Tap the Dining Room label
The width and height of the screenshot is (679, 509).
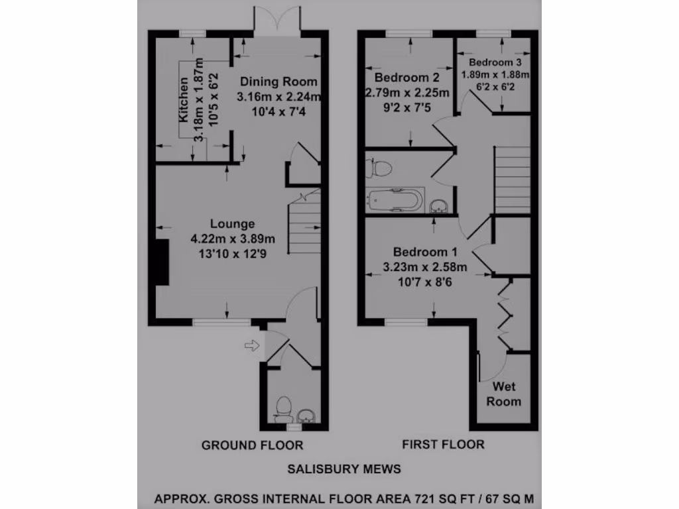278,82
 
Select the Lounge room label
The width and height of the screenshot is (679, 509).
232,224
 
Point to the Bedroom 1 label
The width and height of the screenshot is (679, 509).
425,253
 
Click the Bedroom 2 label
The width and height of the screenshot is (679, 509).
407,78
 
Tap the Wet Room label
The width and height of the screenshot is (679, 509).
504,394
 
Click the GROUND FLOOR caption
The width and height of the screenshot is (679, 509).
252,445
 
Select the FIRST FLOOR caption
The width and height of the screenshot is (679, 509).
443,444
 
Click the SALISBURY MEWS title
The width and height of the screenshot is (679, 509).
344,469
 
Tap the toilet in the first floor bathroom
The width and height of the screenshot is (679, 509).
380,168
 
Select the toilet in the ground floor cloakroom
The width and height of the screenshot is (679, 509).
284,408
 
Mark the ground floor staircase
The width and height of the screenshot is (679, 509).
305,225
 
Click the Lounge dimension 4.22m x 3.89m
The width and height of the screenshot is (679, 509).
232,239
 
